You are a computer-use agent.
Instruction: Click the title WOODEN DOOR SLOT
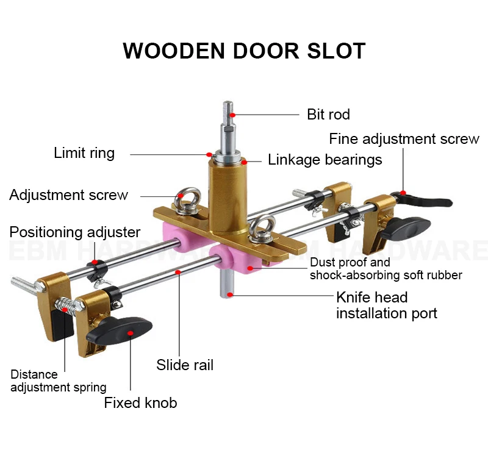244,51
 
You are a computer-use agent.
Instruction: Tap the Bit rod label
328,115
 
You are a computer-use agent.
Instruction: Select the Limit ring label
84,152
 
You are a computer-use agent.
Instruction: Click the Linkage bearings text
325,160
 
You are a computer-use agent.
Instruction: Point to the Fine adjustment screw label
404,139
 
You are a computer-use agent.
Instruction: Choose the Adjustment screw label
68,195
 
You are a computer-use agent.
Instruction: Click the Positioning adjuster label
74,232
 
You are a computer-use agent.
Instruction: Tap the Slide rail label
185,365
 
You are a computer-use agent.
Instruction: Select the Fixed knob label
140,402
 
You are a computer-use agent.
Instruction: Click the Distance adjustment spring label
58,380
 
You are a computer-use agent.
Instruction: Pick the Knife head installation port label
387,305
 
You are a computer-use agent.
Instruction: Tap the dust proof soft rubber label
386,269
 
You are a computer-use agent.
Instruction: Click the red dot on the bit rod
233,113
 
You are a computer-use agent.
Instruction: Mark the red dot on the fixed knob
129,334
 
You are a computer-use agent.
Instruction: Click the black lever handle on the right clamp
427,199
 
